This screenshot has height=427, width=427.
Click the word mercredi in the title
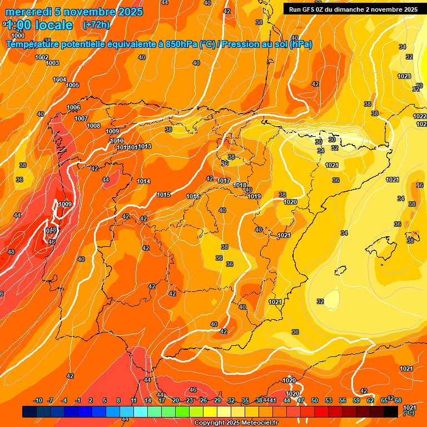coord(26,12)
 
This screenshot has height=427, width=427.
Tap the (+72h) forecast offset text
coord(96,24)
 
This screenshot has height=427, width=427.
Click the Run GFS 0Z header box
coord(353,9)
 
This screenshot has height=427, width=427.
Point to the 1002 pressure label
coord(42,57)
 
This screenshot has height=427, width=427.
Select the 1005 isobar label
coord(72,85)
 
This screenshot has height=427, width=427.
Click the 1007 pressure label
coord(81,118)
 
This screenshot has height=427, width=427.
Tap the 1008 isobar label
coord(93,126)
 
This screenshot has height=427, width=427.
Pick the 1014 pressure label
coord(143,181)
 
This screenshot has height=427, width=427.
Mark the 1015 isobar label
coord(163,195)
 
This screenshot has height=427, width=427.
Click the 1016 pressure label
coord(193,196)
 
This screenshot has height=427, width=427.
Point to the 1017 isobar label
coord(224,181)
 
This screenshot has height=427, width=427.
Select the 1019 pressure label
coord(254,196)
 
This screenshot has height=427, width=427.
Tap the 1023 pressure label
coord(404,76)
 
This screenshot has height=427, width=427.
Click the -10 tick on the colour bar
coord(38,400)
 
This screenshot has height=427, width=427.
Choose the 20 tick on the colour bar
coord(175,400)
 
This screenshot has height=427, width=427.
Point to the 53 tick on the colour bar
coord(328,400)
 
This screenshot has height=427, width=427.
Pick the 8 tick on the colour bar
coord(118,400)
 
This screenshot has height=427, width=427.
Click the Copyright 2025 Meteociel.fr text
coord(236,423)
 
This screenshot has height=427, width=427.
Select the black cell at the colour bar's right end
coord(390,411)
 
